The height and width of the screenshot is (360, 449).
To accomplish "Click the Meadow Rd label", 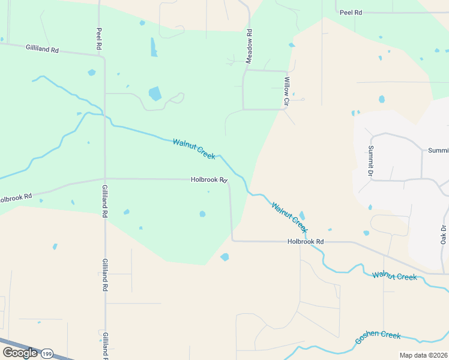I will tap(249, 45).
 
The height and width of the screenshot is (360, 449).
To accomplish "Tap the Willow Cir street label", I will tap(287, 92).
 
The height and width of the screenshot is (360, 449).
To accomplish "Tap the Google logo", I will tap(20, 353).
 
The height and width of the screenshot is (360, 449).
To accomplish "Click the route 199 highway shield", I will tap(47, 353).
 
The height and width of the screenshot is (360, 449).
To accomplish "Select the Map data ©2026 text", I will tap(423, 355).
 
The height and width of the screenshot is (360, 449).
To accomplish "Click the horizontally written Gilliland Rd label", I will tap(42, 49).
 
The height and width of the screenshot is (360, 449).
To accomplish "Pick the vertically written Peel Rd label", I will tap(100, 38).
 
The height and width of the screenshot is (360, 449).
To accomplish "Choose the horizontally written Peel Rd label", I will tap(351, 12).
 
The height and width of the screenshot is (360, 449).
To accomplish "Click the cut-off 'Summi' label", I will tap(438, 151).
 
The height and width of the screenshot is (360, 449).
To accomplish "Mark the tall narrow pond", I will tap(154, 47).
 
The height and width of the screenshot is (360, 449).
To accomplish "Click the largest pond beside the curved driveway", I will tap(155, 93).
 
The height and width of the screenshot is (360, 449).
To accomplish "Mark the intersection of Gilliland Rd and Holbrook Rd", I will tap(105, 178).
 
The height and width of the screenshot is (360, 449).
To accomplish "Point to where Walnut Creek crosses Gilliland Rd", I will tap(105, 115).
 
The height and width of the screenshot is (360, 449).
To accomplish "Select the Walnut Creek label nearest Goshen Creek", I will tap(394, 276).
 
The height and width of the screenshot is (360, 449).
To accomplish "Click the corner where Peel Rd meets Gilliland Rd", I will tap(104, 58).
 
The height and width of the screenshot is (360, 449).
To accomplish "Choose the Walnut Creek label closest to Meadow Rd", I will tap(194, 149).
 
